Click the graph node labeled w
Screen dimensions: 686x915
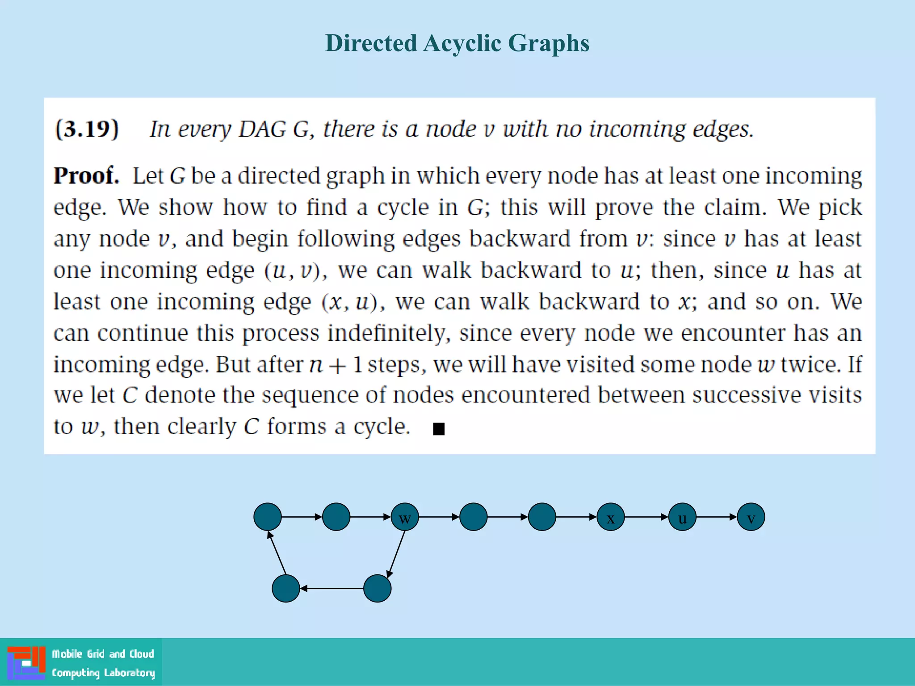405,517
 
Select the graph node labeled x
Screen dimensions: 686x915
611,517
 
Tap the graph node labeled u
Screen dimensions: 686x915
682,517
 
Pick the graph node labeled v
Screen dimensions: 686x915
751,517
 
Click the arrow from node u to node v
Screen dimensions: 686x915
717,517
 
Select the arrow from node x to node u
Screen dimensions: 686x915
646,517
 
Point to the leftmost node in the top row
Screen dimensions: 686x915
268,517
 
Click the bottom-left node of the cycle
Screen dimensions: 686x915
286,589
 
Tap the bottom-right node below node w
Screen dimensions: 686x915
378,589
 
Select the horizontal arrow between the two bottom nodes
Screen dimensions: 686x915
332,589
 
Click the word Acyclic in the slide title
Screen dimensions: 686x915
462,43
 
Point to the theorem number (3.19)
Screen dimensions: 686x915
87,129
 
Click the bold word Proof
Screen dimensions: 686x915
86,176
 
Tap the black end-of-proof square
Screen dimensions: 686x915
439,429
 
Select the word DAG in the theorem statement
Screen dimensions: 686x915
262,129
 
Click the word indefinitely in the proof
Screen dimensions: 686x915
389,333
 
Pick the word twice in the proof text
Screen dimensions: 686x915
809,364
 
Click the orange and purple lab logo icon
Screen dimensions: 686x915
26,663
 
